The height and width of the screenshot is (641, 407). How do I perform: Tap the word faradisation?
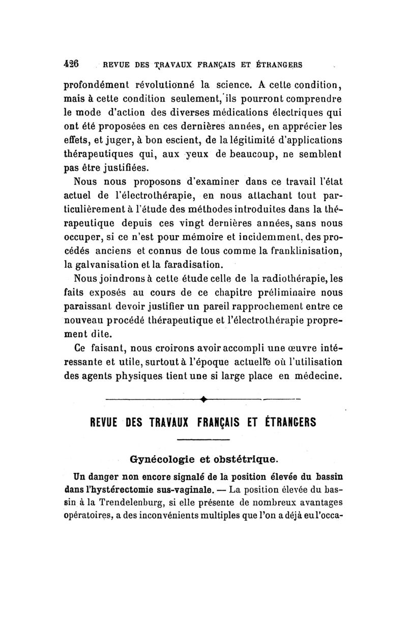(190, 264)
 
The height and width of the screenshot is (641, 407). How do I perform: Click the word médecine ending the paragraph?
(314, 376)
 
